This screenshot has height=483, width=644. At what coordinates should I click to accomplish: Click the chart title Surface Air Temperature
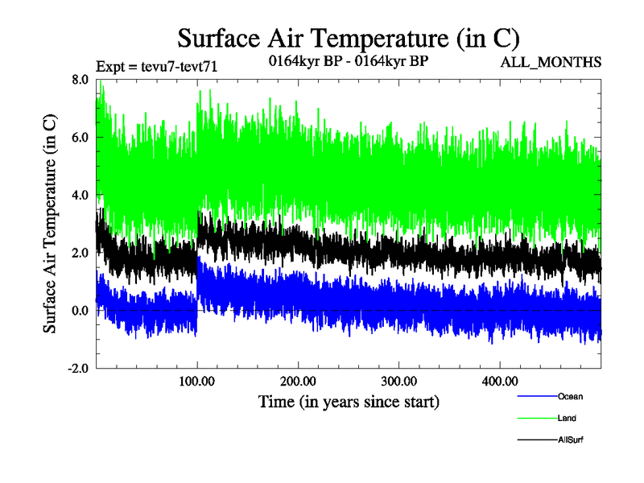pos(349,38)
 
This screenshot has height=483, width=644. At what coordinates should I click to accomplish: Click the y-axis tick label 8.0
pos(80,80)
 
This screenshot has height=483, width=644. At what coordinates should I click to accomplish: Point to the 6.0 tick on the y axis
pos(80,138)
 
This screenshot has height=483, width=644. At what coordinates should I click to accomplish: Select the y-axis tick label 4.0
pos(80,196)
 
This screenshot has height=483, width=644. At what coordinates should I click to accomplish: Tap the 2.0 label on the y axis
pos(80,254)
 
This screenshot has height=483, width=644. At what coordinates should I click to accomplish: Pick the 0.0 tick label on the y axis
pos(80,312)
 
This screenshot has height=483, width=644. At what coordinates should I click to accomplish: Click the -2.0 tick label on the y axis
pos(79,369)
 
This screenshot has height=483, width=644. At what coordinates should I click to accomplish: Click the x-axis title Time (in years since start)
pos(349,400)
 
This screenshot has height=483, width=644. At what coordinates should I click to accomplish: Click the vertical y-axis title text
pos(50,224)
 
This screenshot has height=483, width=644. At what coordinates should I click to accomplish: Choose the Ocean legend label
pos(570,396)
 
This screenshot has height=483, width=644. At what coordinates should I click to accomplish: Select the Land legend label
pos(567,419)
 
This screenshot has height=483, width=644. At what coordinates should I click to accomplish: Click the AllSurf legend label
pos(571,440)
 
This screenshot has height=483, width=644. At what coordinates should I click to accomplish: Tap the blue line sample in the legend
pos(536,396)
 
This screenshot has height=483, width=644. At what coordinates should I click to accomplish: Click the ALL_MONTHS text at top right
pos(551,63)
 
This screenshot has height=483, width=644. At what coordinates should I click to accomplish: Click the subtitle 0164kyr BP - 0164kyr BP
pos(348,61)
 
